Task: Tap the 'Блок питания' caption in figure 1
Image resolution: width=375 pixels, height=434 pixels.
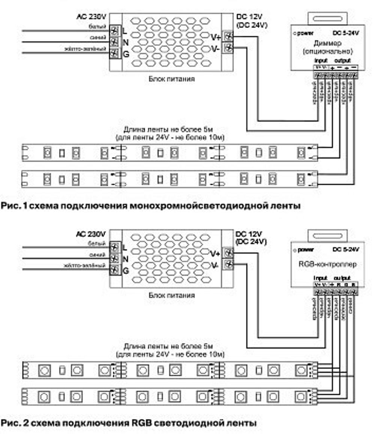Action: pos(171,79)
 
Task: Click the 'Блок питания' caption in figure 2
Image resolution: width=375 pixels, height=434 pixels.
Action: pos(171,295)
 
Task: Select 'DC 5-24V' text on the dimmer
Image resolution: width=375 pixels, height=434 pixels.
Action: pos(345,33)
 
